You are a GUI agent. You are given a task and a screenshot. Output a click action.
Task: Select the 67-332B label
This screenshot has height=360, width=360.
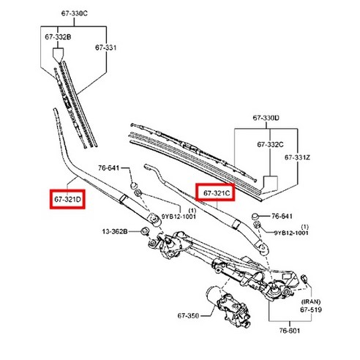(58, 37)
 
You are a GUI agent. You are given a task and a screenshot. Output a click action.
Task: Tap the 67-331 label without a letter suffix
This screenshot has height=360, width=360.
(105, 48)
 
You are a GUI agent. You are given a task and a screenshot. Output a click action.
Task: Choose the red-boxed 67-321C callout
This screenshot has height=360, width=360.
(217, 192)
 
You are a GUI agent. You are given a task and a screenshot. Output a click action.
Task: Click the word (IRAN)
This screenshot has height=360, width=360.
(310, 301)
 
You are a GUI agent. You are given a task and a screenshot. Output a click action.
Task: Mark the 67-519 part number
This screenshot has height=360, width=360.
(310, 310)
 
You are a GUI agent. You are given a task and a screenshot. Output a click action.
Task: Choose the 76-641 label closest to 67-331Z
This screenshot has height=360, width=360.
(282, 217)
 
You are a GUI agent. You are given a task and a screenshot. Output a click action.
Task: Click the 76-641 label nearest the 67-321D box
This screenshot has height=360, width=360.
(109, 168)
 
